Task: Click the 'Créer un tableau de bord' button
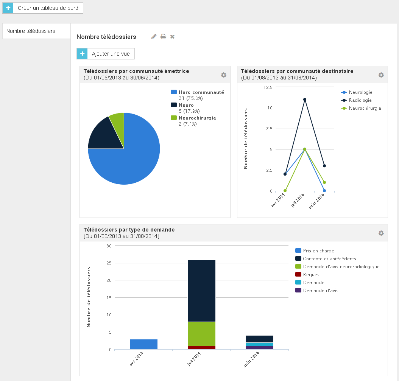coord(43,8)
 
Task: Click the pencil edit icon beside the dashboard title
coord(154,37)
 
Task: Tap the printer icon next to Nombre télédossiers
coord(163,37)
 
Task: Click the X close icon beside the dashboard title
coord(172,37)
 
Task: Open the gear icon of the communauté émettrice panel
coord(223,75)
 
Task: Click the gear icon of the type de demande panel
coord(381,233)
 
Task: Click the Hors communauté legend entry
coord(197,95)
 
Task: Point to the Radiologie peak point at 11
coord(305,100)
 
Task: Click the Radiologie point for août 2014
coord(324,166)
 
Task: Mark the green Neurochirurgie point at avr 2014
coord(285,191)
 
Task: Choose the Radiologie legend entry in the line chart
coord(356,100)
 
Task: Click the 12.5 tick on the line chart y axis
coord(268,87)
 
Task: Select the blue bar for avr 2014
coord(143,344)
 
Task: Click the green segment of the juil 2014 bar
coord(201,334)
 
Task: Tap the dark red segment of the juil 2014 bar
coord(201,348)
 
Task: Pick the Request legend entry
coord(308,275)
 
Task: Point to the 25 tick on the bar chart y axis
coord(109,263)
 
